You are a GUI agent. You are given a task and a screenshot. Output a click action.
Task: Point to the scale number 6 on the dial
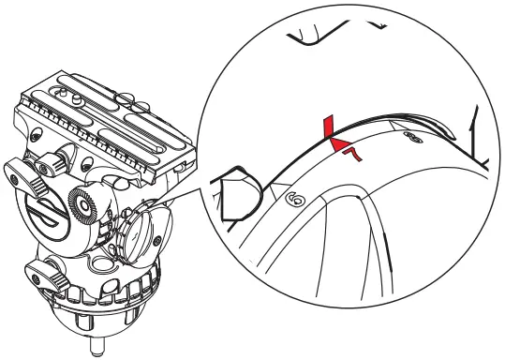(292, 199)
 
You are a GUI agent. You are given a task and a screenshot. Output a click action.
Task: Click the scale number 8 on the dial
(410, 136)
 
